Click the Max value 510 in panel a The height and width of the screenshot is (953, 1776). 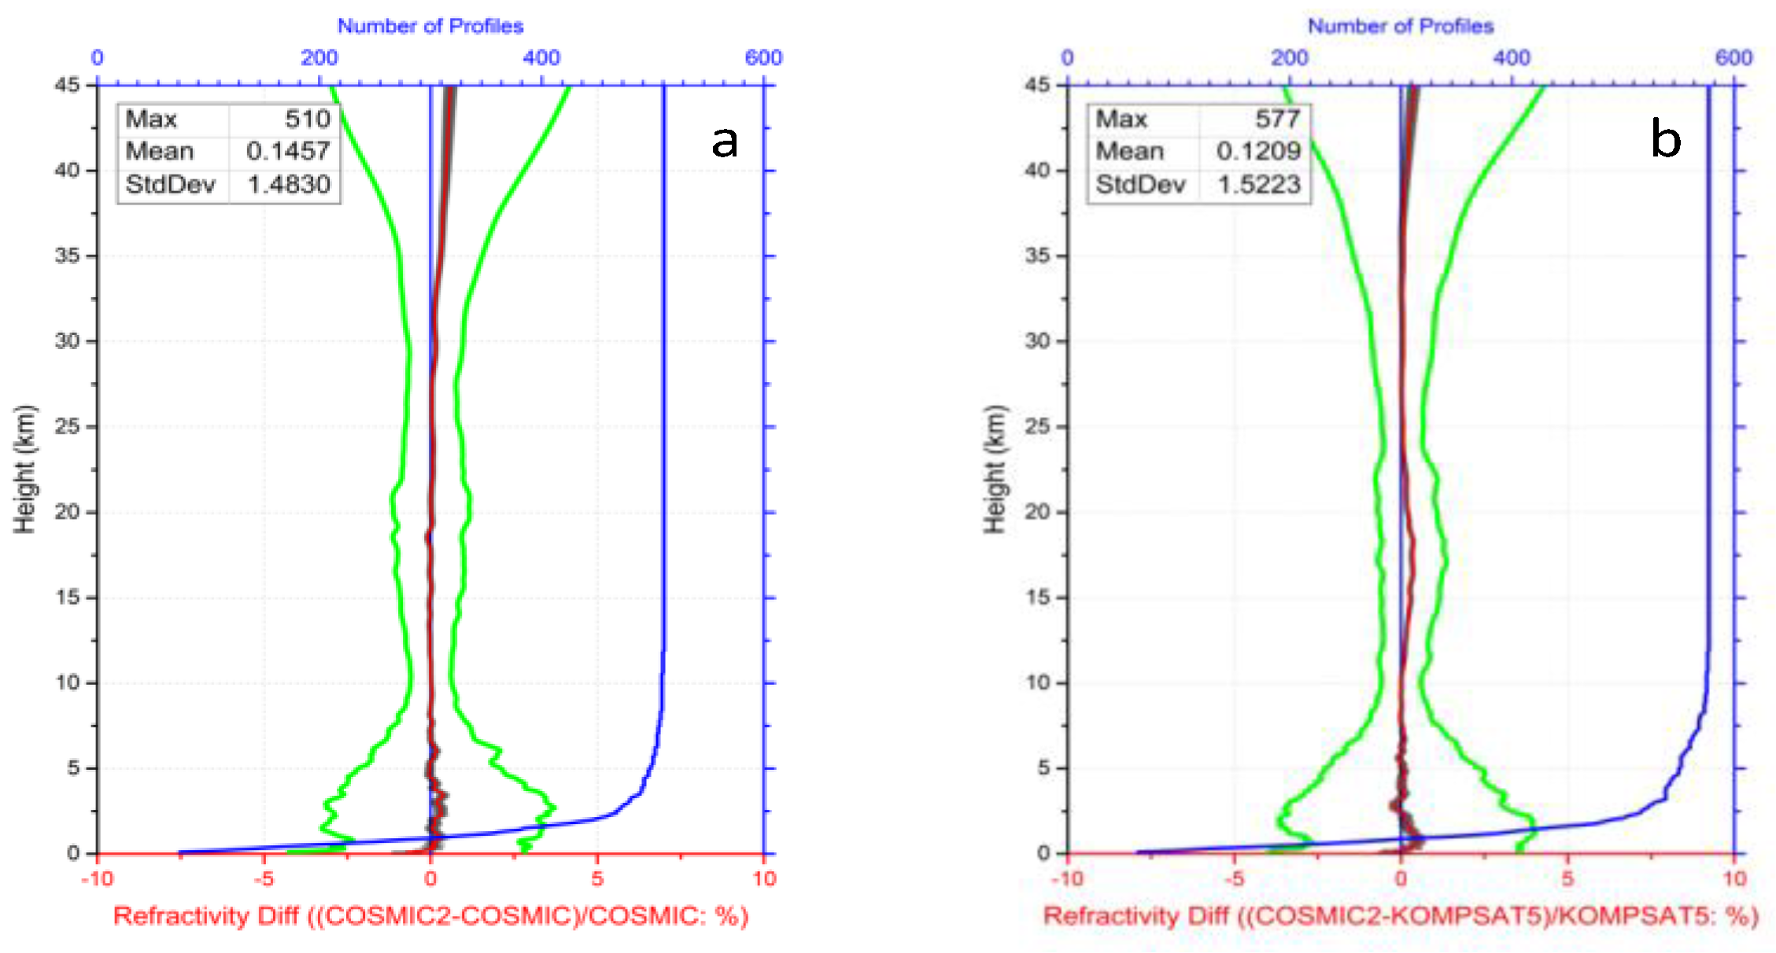click(307, 120)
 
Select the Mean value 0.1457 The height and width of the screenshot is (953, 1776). click(287, 151)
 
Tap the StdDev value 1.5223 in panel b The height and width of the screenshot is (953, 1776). click(1258, 185)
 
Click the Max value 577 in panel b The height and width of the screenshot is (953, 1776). click(1277, 120)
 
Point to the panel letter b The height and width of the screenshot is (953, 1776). click(1665, 140)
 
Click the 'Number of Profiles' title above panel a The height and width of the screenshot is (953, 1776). click(430, 26)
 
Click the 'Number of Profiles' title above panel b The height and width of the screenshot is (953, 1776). click(1401, 26)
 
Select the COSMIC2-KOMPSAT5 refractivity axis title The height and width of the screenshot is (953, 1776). click(1401, 917)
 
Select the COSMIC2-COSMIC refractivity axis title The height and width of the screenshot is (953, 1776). click(430, 917)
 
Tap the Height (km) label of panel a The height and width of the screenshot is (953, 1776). click(24, 469)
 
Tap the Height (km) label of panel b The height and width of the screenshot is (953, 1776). click(995, 469)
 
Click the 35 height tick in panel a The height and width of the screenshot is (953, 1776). click(67, 256)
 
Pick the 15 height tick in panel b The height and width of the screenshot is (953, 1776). click(1037, 598)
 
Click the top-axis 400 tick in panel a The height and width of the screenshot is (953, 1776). click(541, 57)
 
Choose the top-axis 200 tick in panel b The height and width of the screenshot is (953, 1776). click(1289, 57)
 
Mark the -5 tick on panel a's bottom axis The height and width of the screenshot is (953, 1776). click(264, 878)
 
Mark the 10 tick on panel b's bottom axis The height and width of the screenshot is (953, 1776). click(1734, 878)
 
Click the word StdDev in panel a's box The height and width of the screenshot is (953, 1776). click(170, 185)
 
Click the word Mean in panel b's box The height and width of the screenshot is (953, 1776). click(1129, 151)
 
